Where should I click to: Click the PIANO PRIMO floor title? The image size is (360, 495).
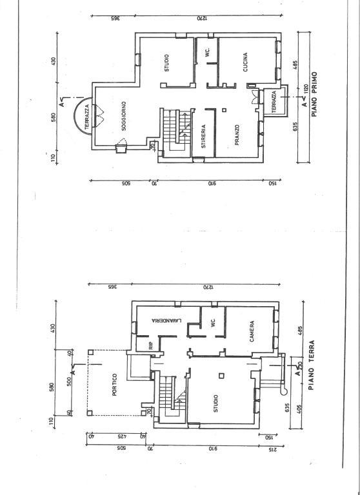click(x=315, y=93)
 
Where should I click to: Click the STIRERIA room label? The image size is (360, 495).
click(x=203, y=136)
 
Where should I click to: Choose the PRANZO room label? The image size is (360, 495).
click(x=237, y=135)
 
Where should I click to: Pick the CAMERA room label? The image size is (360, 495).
click(x=252, y=332)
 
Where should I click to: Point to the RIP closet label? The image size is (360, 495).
click(x=151, y=345)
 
